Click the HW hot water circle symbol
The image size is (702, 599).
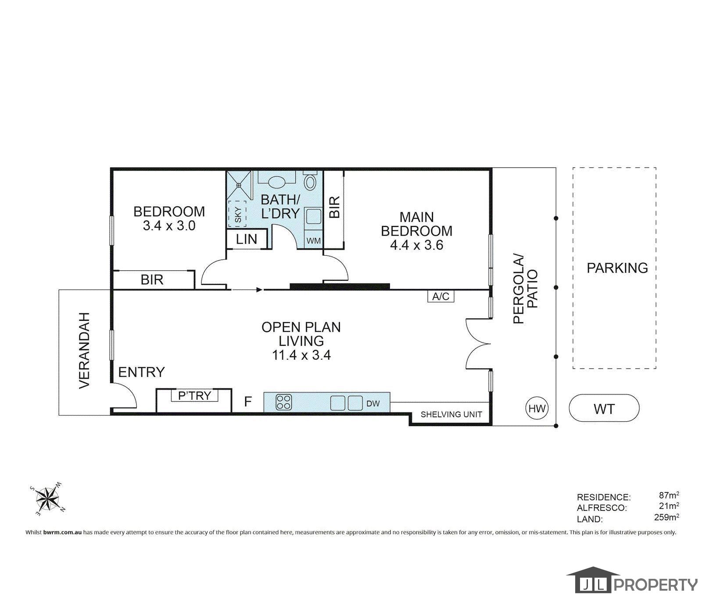(537, 409)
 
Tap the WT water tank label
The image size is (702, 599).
(604, 409)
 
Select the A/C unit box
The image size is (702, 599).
(441, 296)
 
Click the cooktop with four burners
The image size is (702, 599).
(283, 402)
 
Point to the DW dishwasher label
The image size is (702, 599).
(372, 403)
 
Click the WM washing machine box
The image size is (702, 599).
(313, 240)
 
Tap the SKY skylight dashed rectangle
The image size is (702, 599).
(237, 214)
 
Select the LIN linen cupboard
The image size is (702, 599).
(247, 239)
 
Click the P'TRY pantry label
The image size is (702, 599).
(194, 395)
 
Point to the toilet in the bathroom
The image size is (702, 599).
(311, 181)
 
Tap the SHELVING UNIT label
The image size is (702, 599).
(451, 414)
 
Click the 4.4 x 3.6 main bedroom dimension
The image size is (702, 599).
(416, 245)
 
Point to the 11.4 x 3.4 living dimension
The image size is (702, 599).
(301, 355)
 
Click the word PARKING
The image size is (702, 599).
(617, 268)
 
